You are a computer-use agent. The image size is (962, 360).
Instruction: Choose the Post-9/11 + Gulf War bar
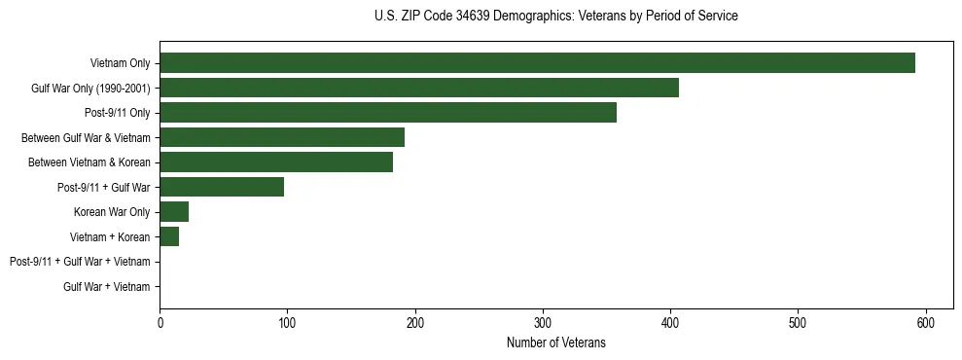pos(222,187)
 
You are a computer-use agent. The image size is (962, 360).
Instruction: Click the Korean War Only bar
pos(173,212)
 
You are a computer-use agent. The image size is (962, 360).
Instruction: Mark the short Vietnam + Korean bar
pos(168,236)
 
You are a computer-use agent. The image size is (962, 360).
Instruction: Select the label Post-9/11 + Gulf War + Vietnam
pos(80,262)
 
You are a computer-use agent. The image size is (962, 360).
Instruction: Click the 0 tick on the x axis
pos(160,323)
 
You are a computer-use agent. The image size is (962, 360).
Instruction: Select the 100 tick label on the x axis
pos(287,323)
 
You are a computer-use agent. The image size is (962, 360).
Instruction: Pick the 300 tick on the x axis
pos(543,323)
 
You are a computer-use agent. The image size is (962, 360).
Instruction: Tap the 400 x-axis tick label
pos(670,323)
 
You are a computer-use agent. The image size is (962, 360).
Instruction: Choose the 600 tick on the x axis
pos(925,323)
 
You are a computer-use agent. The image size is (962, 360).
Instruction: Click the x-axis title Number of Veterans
pos(555,342)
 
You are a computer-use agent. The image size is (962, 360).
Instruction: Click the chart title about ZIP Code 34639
pos(555,16)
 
